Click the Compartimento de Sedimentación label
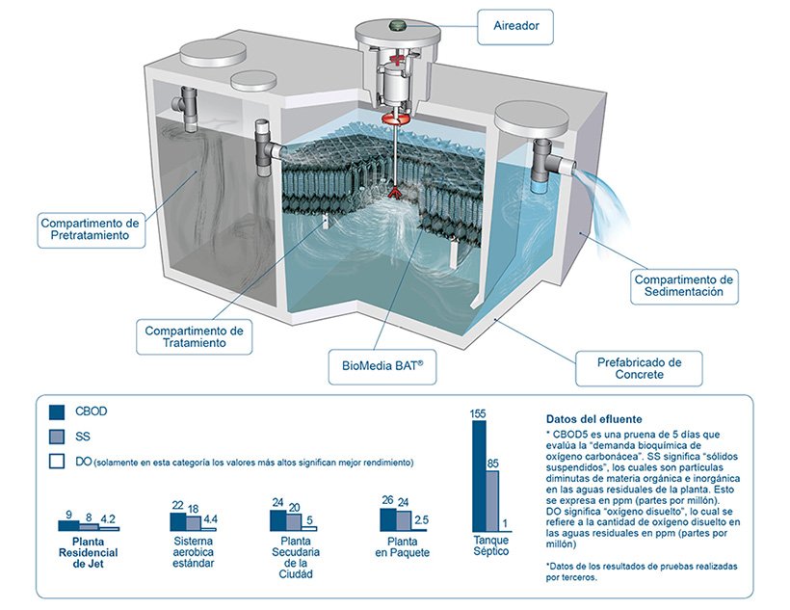684,286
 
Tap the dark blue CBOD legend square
57,411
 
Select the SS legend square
57,437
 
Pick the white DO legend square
57,462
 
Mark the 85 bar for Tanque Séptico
492,499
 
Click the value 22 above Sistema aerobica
177,505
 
